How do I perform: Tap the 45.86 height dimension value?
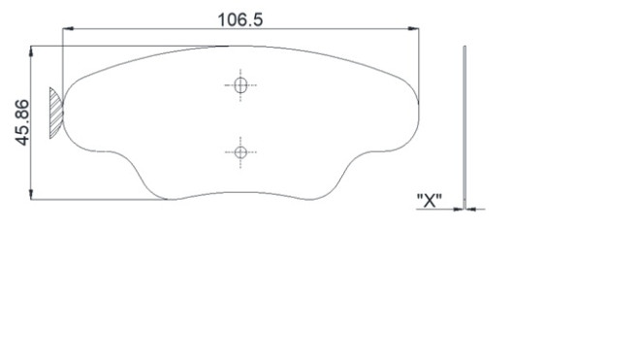tap(22, 121)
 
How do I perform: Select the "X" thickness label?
tap(429, 200)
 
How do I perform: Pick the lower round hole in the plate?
tap(240, 151)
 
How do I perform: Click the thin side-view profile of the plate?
tap(465, 126)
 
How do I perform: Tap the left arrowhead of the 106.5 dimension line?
tap(67, 30)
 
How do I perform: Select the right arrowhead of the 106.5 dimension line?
tap(414, 30)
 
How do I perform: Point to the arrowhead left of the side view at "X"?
tap(460, 208)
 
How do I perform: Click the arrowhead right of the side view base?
tap(471, 208)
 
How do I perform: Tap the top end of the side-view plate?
tap(465, 47)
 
